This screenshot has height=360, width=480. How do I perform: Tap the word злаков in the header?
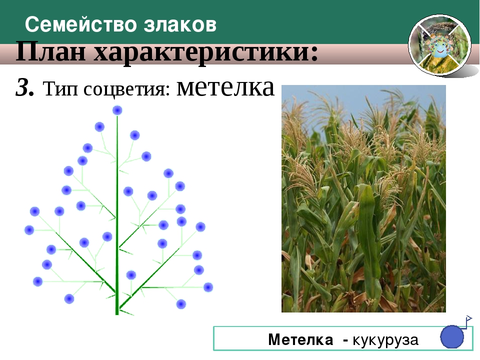coord(180,25)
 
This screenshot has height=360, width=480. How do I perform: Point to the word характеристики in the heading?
coord(206,52)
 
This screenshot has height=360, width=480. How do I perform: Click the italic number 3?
coord(24,87)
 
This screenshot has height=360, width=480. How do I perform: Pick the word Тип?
coord(60,89)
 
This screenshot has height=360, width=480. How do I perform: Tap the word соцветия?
coord(126,89)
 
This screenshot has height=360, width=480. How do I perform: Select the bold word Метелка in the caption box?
coord(300,339)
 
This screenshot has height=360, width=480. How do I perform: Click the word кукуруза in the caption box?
coord(385,340)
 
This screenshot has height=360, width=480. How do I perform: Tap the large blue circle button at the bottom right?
coord(452,336)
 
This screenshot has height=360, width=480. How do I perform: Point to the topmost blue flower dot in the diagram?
coord(117,110)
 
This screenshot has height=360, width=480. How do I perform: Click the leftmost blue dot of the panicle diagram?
coord(29,230)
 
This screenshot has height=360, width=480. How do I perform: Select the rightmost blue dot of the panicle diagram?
coord(208,287)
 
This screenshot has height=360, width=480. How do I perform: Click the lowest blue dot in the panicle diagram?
coord(181,304)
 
